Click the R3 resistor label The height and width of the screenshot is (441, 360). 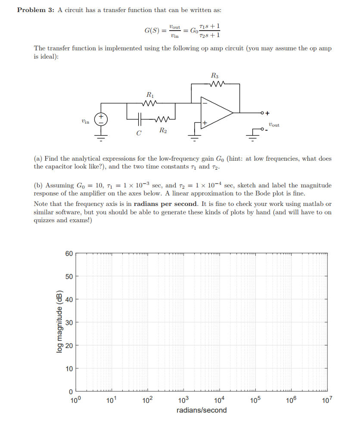(215, 75)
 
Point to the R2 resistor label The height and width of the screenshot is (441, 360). (163, 130)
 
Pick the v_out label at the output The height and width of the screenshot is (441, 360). (273, 124)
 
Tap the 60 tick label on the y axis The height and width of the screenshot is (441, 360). (69, 253)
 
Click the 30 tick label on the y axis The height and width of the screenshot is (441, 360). (69, 322)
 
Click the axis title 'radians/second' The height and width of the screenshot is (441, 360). (202, 410)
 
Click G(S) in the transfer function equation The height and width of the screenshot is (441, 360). (151, 31)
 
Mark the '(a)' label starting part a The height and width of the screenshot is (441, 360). (38, 158)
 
